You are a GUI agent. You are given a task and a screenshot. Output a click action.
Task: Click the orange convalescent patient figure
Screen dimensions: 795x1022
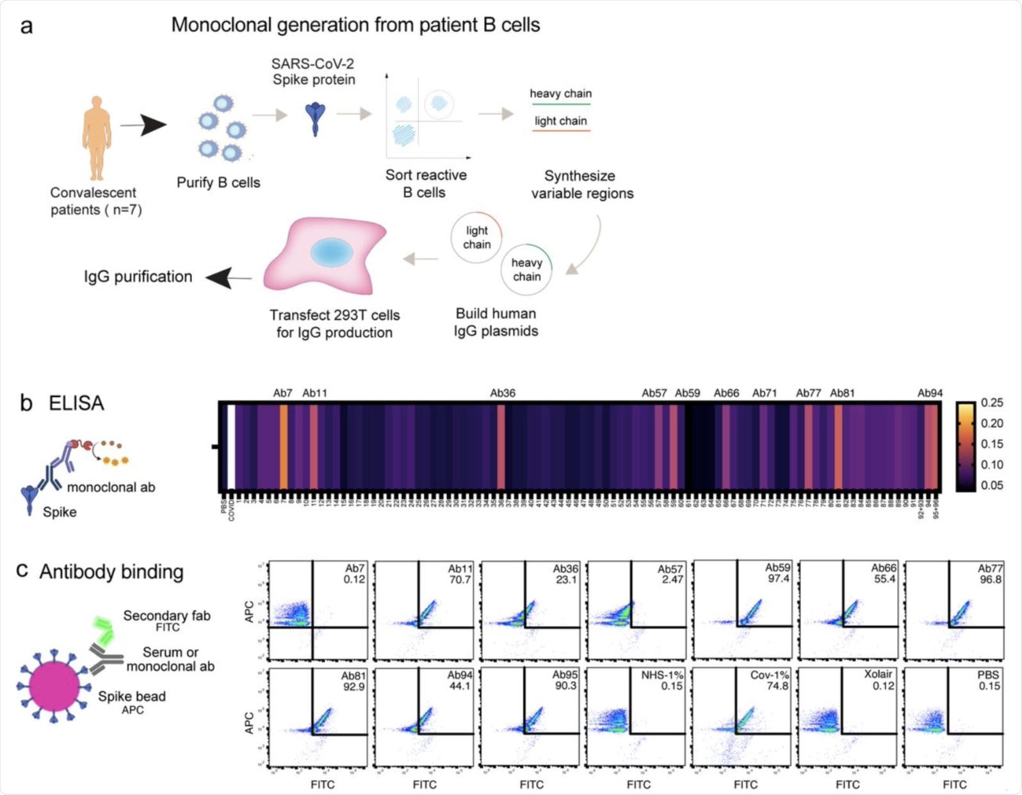(97, 137)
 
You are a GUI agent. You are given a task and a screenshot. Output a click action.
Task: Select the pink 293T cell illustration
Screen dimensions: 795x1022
(327, 256)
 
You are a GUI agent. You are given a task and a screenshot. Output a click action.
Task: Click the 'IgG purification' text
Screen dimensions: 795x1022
(138, 277)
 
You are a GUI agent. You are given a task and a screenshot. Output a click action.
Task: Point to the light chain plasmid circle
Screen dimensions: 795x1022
(476, 237)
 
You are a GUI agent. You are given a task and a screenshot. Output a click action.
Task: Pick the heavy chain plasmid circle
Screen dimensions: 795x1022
(526, 269)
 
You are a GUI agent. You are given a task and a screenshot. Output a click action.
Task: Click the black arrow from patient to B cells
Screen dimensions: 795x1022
(143, 125)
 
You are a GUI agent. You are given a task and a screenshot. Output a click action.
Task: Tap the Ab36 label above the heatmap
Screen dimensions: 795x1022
(502, 393)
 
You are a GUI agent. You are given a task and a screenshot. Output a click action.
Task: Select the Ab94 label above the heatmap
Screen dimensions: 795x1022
(929, 393)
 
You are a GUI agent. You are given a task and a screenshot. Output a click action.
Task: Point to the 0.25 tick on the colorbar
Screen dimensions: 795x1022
(991, 403)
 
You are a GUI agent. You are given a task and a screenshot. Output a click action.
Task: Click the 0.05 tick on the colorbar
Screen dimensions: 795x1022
(991, 485)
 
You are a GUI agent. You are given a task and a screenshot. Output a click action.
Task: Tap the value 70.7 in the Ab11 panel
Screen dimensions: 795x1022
(460, 580)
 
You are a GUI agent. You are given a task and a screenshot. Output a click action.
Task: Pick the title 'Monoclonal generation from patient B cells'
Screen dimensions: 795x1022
(355, 25)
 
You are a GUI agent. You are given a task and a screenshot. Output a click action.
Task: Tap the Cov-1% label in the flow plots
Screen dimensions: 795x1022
(769, 675)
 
